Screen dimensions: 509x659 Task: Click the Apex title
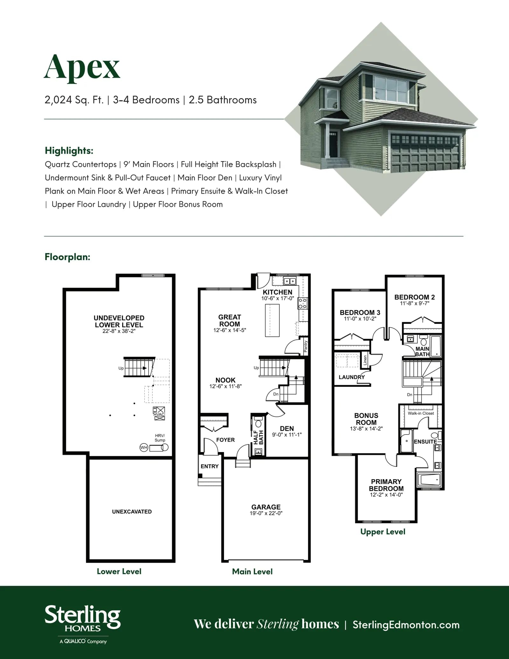click(x=82, y=68)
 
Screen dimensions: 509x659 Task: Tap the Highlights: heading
click(x=69, y=151)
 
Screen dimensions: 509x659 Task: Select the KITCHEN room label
click(x=277, y=292)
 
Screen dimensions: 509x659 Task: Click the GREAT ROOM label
click(x=230, y=321)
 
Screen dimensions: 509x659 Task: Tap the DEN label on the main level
click(x=287, y=429)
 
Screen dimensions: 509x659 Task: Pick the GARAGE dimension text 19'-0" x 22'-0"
click(x=266, y=513)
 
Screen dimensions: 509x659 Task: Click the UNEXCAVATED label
click(x=132, y=512)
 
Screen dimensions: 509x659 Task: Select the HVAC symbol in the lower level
click(x=159, y=413)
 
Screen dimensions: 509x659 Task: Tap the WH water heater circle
click(x=144, y=448)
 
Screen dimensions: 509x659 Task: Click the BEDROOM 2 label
click(x=415, y=297)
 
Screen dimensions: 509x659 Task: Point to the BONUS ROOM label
click(x=366, y=419)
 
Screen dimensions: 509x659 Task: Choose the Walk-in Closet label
click(x=421, y=413)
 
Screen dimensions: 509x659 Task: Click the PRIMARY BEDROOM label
click(x=386, y=485)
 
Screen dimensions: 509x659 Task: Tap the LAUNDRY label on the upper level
click(x=352, y=377)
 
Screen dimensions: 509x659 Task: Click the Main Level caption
click(x=252, y=571)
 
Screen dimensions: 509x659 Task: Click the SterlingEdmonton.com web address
click(x=406, y=625)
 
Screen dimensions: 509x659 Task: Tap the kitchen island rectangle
click(x=272, y=320)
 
